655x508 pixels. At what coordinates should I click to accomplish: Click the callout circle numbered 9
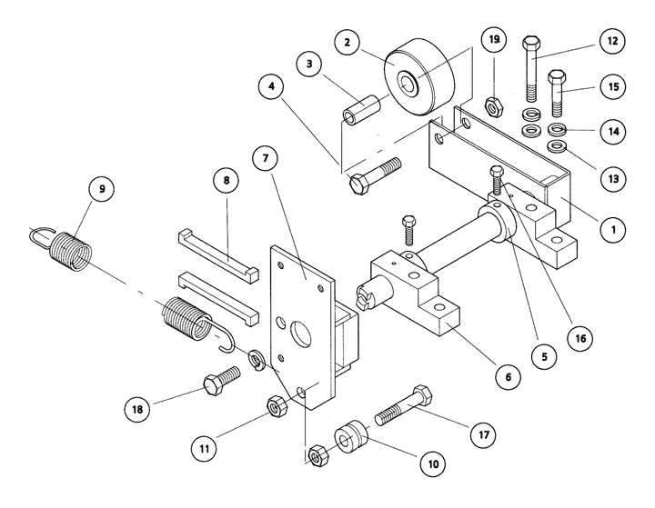tap(102, 190)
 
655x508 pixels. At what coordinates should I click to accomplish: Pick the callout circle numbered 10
tap(433, 463)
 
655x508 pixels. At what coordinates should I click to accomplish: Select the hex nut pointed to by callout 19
tap(490, 105)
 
